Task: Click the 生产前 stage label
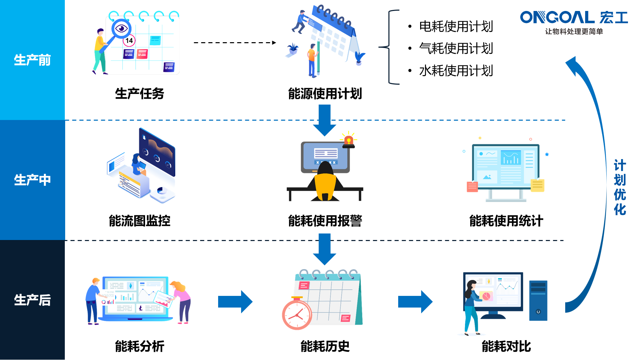32,60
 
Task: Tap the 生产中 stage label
32,180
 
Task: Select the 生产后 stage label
32,300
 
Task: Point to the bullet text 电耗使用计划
456,26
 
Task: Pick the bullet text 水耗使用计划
456,71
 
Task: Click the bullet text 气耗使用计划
456,48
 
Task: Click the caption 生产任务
139,93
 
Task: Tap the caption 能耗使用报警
325,220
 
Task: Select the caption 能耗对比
506,346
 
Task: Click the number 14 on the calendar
129,41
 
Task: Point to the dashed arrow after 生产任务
235,43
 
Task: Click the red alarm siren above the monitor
348,141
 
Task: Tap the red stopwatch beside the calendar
297,314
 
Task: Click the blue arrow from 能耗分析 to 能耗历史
235,302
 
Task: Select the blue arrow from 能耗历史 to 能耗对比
415,302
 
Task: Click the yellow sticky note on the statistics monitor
537,185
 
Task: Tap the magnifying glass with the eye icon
121,28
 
